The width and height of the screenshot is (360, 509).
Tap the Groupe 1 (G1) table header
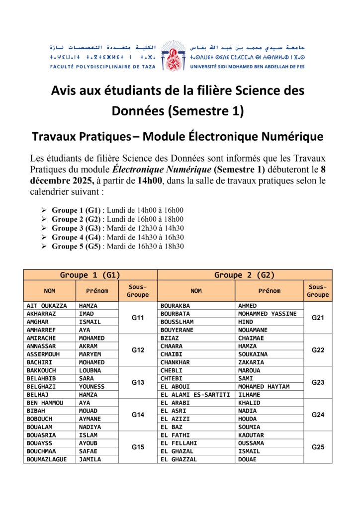90,275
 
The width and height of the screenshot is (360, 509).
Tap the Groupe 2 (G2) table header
244,275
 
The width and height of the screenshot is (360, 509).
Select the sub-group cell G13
138,382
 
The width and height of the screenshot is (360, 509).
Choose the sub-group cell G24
318,415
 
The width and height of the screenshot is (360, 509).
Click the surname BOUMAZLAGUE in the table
46,459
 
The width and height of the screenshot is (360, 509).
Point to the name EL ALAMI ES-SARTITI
195,395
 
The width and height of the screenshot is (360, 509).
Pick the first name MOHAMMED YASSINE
267,314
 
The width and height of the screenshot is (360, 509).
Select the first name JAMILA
90,459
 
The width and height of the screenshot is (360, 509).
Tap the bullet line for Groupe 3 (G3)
118,228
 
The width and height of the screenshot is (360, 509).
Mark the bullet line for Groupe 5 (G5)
118,246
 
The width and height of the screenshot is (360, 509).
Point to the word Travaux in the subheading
53,136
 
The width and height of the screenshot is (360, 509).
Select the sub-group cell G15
138,447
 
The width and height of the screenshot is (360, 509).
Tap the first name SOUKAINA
253,354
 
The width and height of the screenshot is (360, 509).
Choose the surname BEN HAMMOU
45,403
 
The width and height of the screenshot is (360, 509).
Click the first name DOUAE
248,459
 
